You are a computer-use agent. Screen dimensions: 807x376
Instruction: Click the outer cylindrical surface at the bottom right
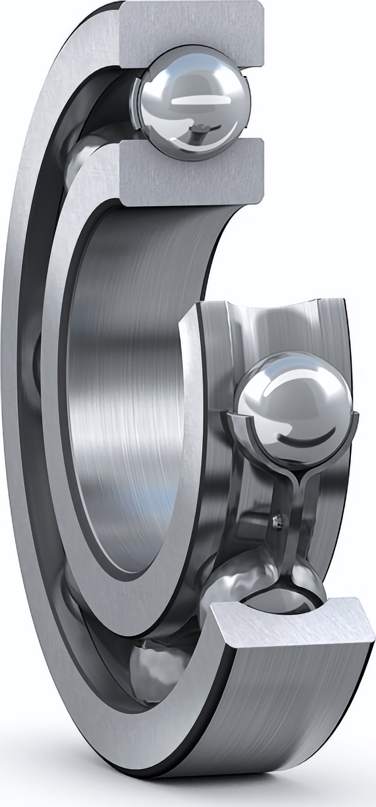[x=300, y=695]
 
